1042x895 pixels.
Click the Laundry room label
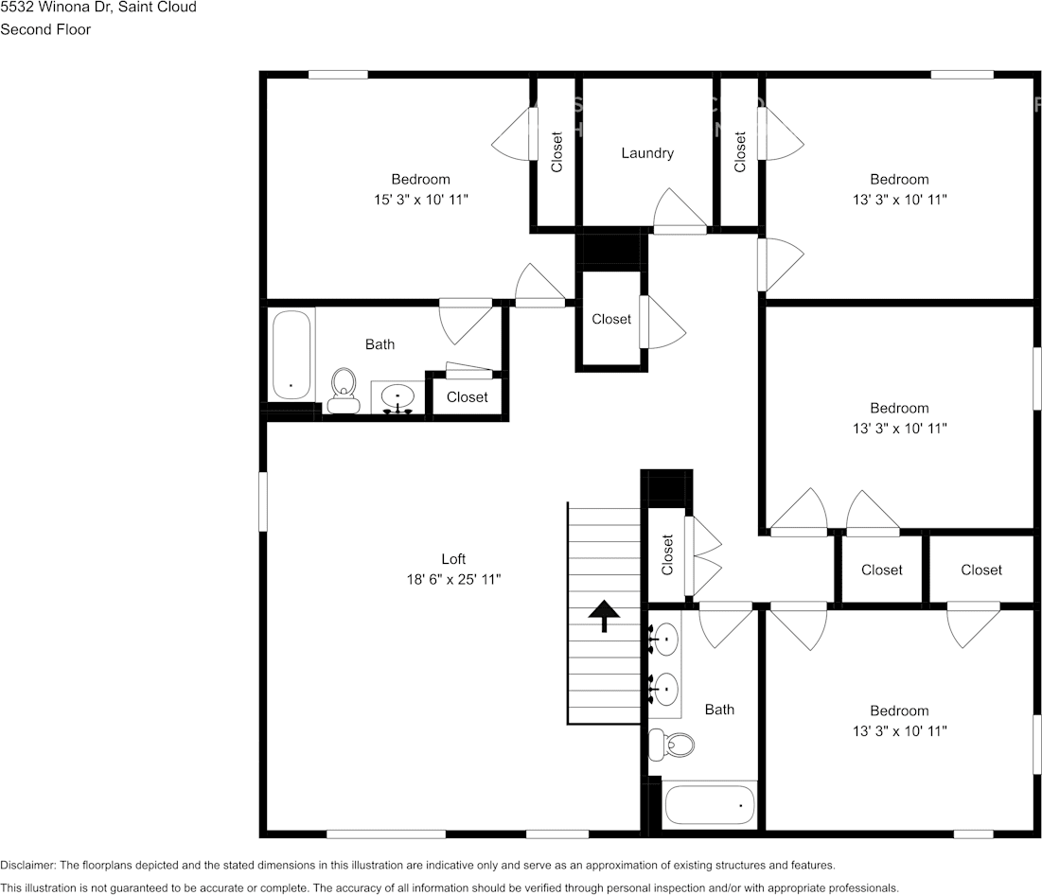(x=647, y=153)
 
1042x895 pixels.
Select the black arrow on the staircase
(x=601, y=615)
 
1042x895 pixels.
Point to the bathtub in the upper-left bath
(x=291, y=356)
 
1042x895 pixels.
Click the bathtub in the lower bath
(x=710, y=805)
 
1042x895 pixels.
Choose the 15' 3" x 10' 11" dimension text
(x=421, y=200)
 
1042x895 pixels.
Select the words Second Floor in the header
(x=45, y=29)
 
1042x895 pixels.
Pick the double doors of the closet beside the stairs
(x=705, y=555)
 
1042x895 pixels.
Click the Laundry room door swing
(x=679, y=210)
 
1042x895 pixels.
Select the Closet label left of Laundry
(x=556, y=151)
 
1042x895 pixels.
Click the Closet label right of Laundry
(x=740, y=151)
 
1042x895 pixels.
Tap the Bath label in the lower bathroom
(x=719, y=710)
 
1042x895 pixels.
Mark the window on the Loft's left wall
(x=263, y=501)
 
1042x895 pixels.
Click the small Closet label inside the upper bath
(x=467, y=397)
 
